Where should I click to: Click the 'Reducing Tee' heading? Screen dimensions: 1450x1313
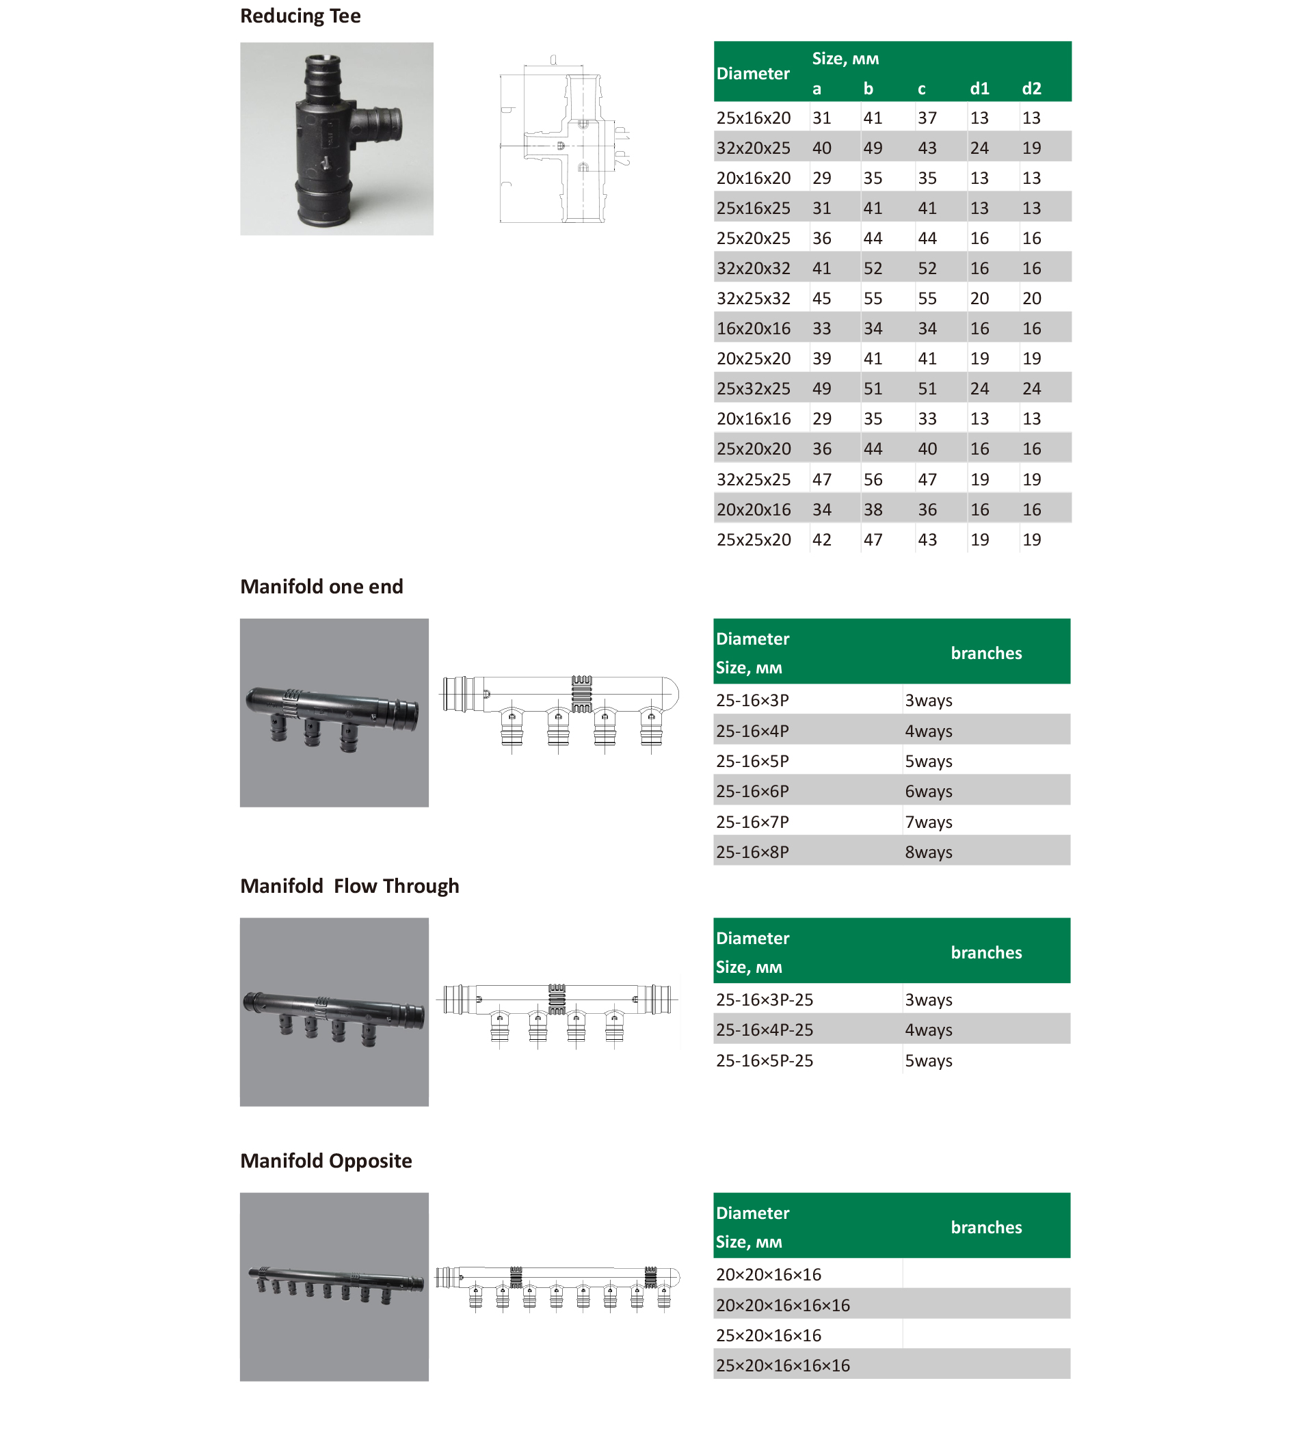coord(300,16)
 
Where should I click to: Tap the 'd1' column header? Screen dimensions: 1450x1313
coord(979,88)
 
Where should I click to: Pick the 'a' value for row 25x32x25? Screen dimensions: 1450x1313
coord(821,389)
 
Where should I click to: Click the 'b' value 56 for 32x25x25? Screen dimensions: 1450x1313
coord(873,480)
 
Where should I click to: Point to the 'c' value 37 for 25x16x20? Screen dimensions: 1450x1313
coord(927,118)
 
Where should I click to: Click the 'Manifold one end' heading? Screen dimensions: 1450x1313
coord(321,587)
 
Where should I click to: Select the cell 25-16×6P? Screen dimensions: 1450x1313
coord(752,792)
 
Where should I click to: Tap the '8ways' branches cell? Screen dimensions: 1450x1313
coord(928,852)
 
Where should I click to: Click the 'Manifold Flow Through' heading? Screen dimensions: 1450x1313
coord(349,886)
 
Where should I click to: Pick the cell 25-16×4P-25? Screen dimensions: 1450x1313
coord(764,1030)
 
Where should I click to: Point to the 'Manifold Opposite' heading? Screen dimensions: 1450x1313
coord(326,1161)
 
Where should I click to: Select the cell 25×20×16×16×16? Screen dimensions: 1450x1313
coord(782,1366)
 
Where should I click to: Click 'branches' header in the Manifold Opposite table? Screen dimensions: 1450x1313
coord(985,1228)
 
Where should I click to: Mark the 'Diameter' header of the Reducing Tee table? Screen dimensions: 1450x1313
coord(752,73)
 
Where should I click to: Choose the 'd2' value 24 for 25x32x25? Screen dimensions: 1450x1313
coord(1031,389)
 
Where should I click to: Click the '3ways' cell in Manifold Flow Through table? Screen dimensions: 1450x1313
coord(928,999)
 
